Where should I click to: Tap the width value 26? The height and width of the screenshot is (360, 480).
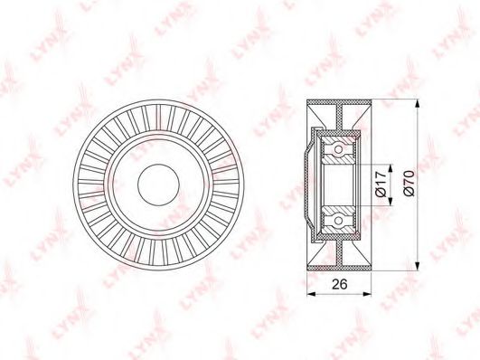coord(339,284)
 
